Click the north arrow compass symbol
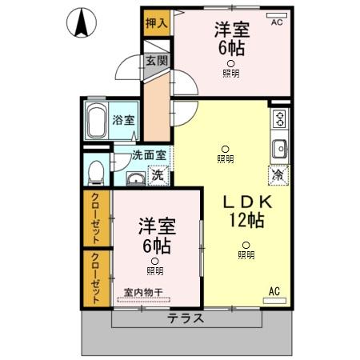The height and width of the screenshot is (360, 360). click(x=81, y=22)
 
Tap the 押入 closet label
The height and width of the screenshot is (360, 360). click(x=156, y=23)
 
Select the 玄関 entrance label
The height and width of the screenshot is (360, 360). click(x=155, y=61)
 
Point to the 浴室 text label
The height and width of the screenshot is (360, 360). click(x=124, y=120)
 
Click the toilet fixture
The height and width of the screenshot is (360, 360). click(x=96, y=171)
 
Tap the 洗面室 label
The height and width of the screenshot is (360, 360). click(x=149, y=155)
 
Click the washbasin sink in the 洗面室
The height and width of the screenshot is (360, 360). click(x=135, y=177)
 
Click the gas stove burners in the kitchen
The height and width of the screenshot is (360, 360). click(x=279, y=120)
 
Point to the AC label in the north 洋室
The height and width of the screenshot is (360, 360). click(x=277, y=22)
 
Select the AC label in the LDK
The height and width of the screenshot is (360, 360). click(x=274, y=290)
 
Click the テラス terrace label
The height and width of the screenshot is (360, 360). click(x=185, y=318)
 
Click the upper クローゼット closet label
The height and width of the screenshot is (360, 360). click(x=95, y=218)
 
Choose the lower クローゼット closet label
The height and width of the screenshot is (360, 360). click(x=95, y=278)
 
